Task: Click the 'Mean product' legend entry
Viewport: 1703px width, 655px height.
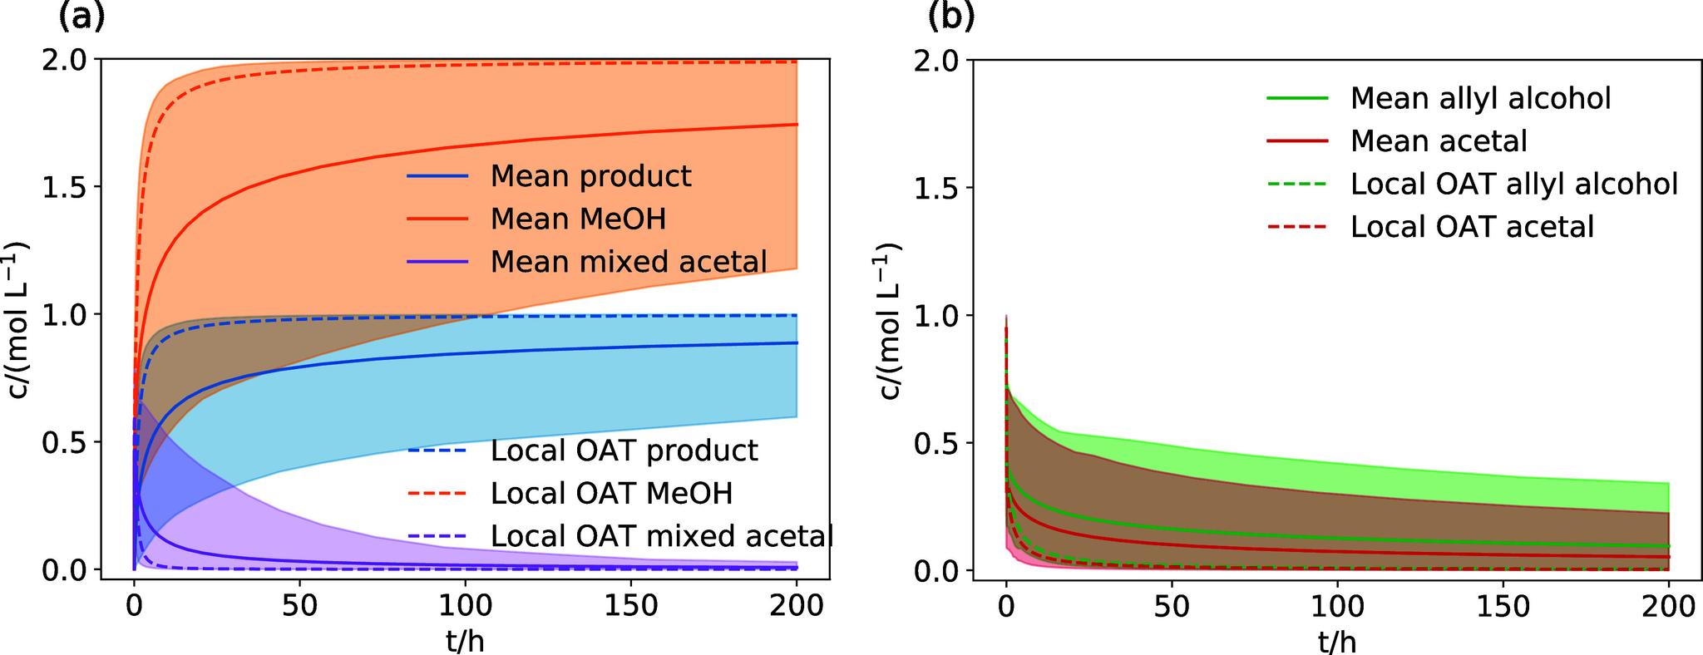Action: (x=590, y=176)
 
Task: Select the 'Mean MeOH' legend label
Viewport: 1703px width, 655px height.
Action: (x=578, y=219)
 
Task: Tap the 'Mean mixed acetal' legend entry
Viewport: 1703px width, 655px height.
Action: (x=628, y=262)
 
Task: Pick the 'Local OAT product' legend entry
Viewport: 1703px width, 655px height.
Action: (x=624, y=451)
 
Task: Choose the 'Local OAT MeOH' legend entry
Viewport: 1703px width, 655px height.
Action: (x=611, y=493)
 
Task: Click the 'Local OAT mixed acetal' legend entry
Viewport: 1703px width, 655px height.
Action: (x=661, y=536)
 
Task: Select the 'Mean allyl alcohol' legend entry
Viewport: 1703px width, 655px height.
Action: (x=1480, y=98)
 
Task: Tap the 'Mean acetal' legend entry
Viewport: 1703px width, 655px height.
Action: (x=1439, y=141)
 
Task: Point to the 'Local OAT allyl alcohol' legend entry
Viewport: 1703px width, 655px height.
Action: (x=1513, y=184)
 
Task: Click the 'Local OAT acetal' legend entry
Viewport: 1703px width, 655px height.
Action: (x=1472, y=227)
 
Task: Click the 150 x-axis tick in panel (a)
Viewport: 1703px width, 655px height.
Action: (x=630, y=606)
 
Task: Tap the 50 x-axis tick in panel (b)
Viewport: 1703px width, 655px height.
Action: (x=1172, y=606)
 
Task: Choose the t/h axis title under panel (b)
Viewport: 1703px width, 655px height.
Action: (x=1337, y=640)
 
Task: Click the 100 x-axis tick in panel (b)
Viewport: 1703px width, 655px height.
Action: (x=1337, y=606)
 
